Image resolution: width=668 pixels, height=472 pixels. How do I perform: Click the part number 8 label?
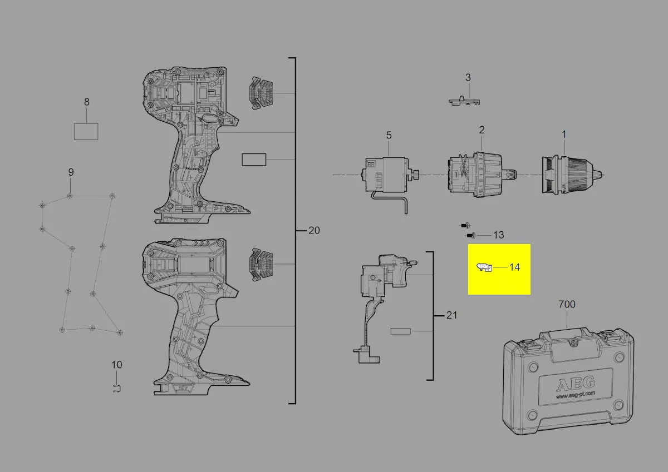coord(86,102)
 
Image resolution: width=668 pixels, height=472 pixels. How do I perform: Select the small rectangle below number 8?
coord(86,131)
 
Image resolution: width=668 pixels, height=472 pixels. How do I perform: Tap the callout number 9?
coord(71,172)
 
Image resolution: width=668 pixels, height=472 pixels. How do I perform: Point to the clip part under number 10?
coord(117,388)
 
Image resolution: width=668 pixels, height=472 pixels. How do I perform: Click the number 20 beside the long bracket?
coord(314,231)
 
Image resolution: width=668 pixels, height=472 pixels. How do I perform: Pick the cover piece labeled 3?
coord(464,101)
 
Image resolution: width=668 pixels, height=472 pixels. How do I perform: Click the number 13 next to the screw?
coord(498,235)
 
